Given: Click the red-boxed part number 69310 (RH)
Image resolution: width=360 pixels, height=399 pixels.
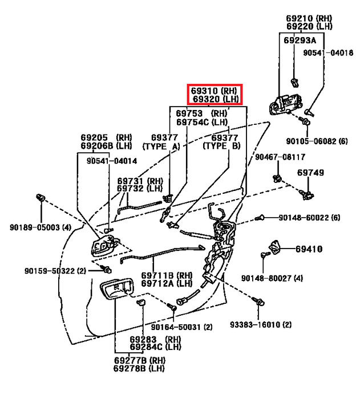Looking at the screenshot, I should [x=214, y=91].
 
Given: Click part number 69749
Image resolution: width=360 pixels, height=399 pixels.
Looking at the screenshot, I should [x=310, y=172].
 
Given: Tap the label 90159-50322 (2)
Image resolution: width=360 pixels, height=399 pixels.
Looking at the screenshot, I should [x=55, y=270].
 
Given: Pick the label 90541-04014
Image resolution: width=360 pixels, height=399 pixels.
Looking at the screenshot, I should [x=112, y=161].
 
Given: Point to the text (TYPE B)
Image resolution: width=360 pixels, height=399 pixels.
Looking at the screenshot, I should [x=222, y=146].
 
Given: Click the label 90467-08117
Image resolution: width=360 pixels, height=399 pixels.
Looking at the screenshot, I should [x=280, y=157].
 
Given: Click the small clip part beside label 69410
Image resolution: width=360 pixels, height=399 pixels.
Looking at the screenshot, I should [x=276, y=246].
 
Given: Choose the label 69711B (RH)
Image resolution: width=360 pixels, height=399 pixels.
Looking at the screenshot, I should [x=159, y=275].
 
